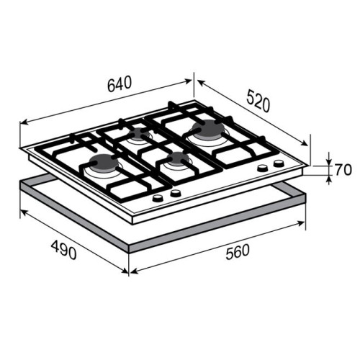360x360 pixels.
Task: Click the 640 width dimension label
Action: coord(120,84)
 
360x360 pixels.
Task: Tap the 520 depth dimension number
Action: coord(258,101)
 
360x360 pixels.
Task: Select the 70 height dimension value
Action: coord(343,170)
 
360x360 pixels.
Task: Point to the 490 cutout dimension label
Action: coord(64,250)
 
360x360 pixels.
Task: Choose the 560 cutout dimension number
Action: coord(238,251)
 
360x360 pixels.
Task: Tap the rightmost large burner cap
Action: coord(208,130)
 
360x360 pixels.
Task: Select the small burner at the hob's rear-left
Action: coord(138,134)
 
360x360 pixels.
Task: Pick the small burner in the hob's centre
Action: coord(178,158)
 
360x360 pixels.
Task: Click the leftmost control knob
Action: coord(158,198)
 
